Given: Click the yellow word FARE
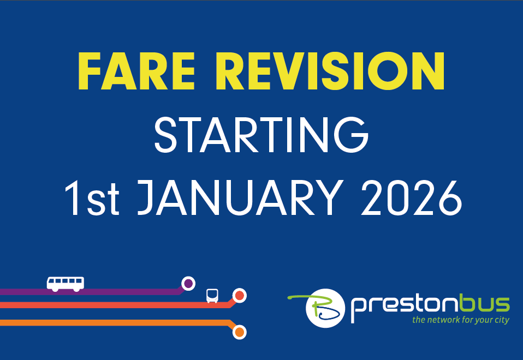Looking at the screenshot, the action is pos(136,71).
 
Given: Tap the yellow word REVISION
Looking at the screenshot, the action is pos(330,71).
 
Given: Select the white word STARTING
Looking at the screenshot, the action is pos(261,135).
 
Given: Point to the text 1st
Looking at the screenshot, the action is pos(92,198).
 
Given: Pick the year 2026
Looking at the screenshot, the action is pos(412,197).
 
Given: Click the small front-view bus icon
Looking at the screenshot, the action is pos(212,296).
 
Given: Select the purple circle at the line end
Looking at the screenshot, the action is pos(188,284).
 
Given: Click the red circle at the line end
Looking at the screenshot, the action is pos(239,296).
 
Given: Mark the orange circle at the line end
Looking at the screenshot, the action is pos(239,332).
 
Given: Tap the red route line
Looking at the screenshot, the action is pos(117,305).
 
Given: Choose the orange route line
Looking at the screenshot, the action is pos(117,322).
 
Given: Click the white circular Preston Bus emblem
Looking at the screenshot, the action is pos(325,308).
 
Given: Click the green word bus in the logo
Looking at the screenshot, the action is pos(484,303).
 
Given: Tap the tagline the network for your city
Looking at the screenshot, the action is pos(461,320).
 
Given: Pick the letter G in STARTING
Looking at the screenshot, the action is pos(351,135).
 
